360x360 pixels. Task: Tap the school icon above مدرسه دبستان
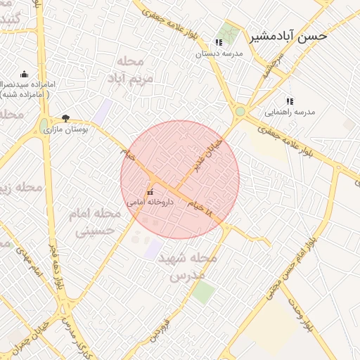[x=219, y=43]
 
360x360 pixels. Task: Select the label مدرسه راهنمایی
[x=290, y=112]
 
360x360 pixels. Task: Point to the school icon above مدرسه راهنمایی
[x=290, y=101]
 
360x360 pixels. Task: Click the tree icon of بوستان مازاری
[x=66, y=119]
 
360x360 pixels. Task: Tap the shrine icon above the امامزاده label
[x=25, y=75]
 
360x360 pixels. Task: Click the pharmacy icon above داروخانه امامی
[x=150, y=191]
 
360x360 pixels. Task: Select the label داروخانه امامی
[x=149, y=201]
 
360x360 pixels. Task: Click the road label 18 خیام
[x=199, y=204]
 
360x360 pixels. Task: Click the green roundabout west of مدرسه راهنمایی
[x=240, y=111]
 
